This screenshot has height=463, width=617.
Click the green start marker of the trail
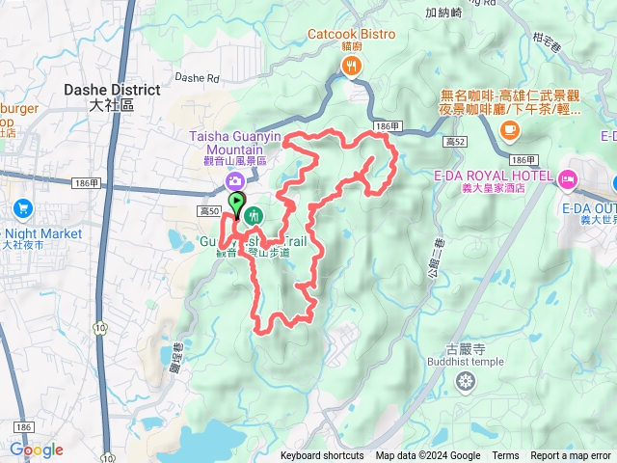point(236,203)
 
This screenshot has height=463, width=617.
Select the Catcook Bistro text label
point(351,35)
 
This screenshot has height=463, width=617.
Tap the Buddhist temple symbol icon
point(466,382)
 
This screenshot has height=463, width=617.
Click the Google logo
point(36,449)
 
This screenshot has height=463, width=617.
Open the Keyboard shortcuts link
point(322,456)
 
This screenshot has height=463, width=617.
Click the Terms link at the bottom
point(505,456)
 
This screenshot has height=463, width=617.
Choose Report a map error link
point(571,456)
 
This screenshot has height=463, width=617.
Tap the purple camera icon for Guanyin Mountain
point(234,181)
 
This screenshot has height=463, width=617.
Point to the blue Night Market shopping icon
point(22,208)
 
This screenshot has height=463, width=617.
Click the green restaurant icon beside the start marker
point(254,214)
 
